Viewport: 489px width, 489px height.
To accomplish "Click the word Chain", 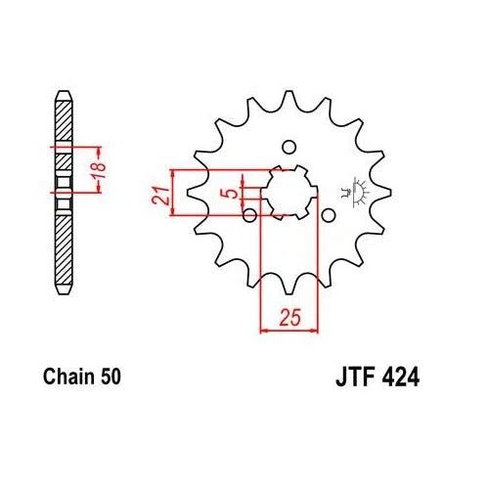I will (x=67, y=376).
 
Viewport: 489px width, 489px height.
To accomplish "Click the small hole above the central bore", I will (x=288, y=148).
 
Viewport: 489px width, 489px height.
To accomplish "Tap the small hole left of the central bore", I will (x=249, y=214).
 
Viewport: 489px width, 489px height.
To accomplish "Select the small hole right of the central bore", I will (x=328, y=214).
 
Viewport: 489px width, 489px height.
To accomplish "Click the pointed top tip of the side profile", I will (x=64, y=91).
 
